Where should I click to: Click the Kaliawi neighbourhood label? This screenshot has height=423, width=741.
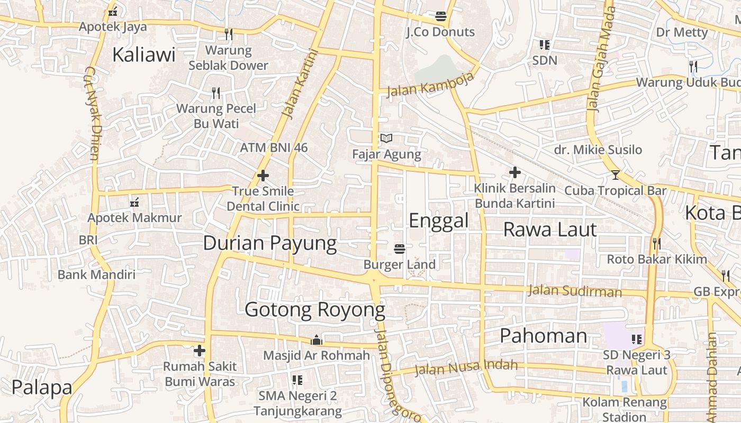coord(143,54)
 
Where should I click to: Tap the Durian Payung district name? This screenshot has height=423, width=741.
coord(270,243)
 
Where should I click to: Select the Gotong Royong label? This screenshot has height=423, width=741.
coord(315,310)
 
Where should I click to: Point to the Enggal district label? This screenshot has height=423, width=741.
coord(439,220)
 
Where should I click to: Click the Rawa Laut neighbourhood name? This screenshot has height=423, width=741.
coord(550,229)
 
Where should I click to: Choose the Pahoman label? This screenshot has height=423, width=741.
coord(544,336)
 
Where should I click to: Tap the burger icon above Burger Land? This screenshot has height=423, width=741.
coord(400,249)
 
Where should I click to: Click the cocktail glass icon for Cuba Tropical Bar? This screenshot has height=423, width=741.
coord(615,174)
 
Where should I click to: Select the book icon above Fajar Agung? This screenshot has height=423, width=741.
coord(386,139)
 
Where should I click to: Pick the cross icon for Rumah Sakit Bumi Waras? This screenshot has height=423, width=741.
coord(200,351)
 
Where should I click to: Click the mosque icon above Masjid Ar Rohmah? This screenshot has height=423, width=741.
coord(317,340)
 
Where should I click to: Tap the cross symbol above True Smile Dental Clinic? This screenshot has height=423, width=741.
coord(263,176)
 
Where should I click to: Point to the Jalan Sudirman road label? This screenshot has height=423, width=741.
coord(575,291)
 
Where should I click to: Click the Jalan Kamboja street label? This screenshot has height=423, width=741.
coord(430,85)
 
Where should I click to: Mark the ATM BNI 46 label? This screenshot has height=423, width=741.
coord(274,148)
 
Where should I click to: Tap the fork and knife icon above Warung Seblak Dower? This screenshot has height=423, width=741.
coord(229,34)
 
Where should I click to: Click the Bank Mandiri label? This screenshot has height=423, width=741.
coord(96,274)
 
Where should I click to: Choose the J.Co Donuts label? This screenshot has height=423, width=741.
coord(440,32)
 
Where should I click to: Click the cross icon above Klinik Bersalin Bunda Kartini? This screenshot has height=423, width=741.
coord(514,172)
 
